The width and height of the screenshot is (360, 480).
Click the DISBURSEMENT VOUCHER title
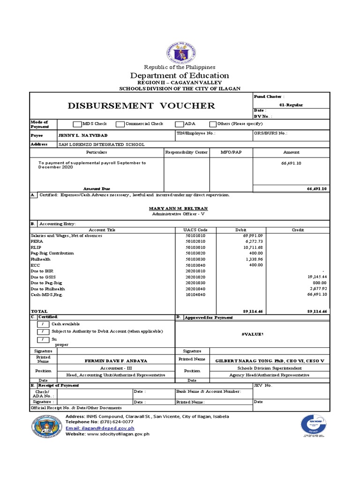point(141,105)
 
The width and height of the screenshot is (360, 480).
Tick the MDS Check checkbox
point(77,124)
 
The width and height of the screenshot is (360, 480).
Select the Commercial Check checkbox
point(120,124)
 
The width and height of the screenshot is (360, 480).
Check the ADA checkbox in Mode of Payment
point(179,124)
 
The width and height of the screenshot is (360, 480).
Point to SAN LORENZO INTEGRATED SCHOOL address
point(101,144)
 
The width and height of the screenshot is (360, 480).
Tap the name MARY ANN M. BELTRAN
point(178,208)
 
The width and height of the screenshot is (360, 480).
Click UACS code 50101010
point(196,236)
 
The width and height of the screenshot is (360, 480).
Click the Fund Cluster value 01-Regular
point(291,105)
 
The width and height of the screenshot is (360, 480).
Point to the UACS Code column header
point(196,230)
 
